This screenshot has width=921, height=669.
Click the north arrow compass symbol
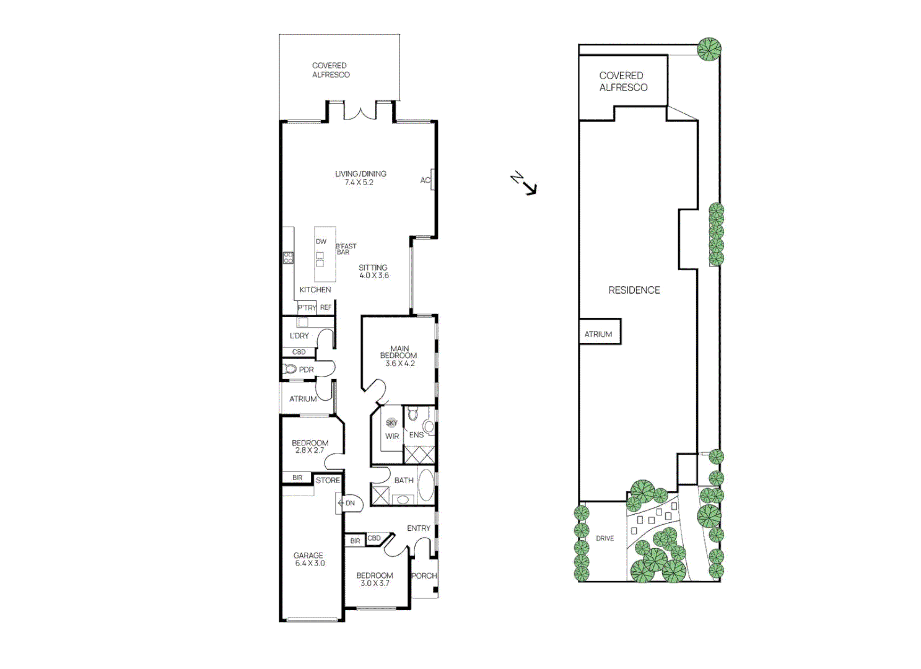point(525,184)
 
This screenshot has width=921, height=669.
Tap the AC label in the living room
point(425,180)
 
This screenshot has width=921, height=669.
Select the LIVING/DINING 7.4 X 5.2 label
point(360,178)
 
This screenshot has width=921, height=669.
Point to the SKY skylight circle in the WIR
point(391,423)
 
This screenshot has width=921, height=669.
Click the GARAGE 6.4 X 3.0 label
point(308,559)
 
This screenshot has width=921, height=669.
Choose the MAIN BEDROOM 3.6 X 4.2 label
point(399,356)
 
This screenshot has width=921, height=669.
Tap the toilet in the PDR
point(290,369)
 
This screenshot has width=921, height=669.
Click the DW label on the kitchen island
point(321,242)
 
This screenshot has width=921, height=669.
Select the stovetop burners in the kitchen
point(288,257)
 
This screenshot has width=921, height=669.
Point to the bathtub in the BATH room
point(426,485)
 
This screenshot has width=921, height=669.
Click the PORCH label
point(424,575)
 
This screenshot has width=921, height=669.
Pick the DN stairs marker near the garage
point(348,503)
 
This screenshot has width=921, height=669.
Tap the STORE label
point(328,480)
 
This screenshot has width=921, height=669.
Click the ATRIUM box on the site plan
point(599,333)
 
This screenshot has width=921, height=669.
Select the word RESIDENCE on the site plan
point(634,290)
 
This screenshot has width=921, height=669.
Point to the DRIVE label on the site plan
point(605,538)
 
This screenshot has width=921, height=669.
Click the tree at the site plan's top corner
point(709,48)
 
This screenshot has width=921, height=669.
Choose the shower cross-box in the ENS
point(419,454)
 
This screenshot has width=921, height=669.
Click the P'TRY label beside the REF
point(307,308)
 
